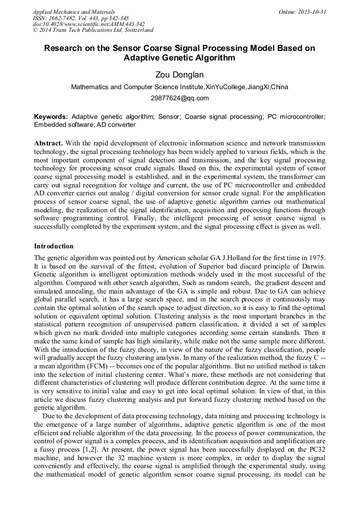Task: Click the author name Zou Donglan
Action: pos(179,75)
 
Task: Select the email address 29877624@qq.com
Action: pos(179,98)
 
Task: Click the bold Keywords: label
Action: pos(51,116)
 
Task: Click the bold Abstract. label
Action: pos(48,144)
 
